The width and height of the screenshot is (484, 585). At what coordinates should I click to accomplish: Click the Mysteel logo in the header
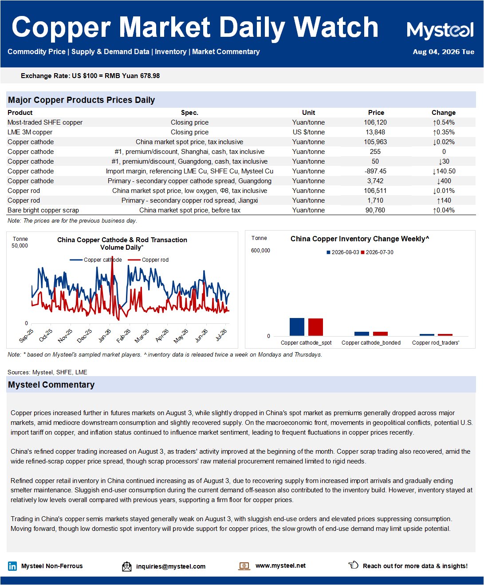[x=440, y=30]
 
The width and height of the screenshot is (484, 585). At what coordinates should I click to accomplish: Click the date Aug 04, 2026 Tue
[x=443, y=52]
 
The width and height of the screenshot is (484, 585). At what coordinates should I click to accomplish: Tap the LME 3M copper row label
[x=30, y=132]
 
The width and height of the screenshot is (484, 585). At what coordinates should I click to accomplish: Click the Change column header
[x=443, y=113]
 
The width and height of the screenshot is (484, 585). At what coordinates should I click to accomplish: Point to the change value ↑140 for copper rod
[x=444, y=200]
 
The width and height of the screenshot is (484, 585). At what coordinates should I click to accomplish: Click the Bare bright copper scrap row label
[x=43, y=210]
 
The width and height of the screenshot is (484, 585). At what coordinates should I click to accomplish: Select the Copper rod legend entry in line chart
[x=148, y=260]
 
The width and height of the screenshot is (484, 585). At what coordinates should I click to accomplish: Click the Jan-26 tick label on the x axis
[x=105, y=336]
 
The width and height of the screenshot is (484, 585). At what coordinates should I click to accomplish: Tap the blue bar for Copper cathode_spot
[x=297, y=327]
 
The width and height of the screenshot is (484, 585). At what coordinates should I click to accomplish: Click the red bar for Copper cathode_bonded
[x=380, y=334]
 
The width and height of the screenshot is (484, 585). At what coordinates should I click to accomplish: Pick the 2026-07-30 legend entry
[x=377, y=252]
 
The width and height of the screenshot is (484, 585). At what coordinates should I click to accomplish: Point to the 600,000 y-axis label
[x=260, y=251]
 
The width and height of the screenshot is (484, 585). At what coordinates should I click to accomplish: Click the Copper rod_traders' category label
[x=436, y=343]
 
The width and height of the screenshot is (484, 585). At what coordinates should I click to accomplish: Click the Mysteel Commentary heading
[x=51, y=385]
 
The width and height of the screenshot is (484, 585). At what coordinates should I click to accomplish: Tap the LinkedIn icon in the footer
[x=12, y=566]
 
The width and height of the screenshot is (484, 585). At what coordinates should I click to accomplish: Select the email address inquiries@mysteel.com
[x=171, y=566]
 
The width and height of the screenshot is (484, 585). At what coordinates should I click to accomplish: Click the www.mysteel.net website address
[x=280, y=565]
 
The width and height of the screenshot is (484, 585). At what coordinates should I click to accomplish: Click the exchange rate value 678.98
[x=150, y=76]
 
